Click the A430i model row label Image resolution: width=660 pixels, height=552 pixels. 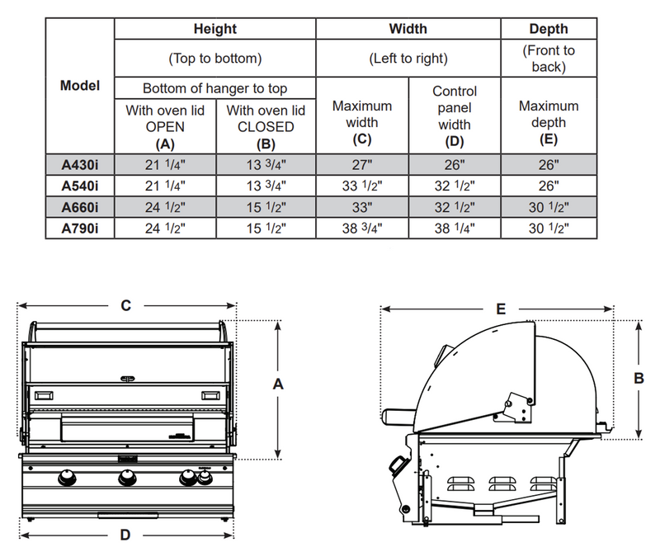[x=79, y=163]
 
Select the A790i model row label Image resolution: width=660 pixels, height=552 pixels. [x=79, y=228]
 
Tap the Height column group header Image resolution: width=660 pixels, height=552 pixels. [x=214, y=29]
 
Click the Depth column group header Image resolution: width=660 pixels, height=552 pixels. [x=549, y=29]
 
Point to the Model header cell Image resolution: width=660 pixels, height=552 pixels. [x=79, y=86]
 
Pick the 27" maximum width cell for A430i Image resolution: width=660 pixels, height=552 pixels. [x=362, y=163]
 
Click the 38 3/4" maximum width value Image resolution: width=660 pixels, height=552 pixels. [x=362, y=228]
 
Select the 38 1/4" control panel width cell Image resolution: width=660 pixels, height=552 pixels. [x=455, y=228]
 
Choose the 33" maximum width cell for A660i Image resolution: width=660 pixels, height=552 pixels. [x=362, y=206]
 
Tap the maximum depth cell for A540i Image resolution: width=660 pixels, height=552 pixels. [x=549, y=185]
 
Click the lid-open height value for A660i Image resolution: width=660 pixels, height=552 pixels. [x=165, y=206]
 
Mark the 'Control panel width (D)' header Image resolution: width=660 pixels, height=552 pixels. [x=455, y=116]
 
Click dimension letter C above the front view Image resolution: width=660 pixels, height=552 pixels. [x=125, y=305]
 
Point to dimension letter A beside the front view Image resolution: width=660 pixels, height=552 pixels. [x=278, y=384]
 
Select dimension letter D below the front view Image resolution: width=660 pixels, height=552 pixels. [x=125, y=535]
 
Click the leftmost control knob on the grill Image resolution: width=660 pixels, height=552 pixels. [x=66, y=478]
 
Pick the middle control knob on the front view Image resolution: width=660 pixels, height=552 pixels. [x=126, y=478]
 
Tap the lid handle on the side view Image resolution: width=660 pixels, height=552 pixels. [x=398, y=412]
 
